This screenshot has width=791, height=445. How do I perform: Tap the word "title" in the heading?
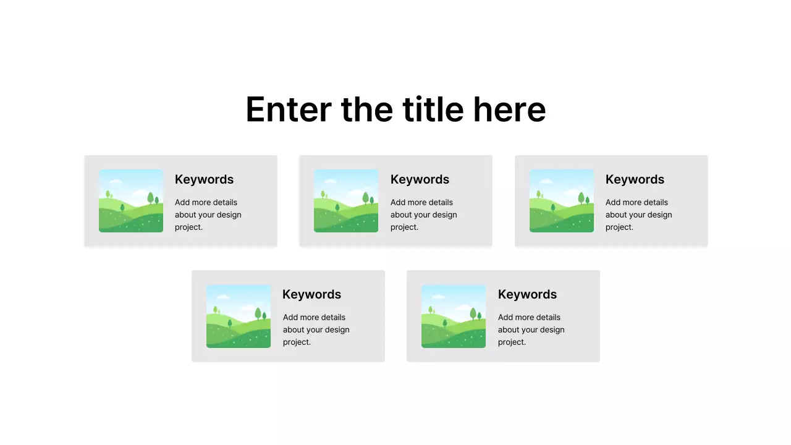tap(433, 109)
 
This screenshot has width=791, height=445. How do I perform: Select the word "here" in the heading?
tap(509, 109)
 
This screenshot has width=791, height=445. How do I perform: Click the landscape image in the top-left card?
tap(131, 201)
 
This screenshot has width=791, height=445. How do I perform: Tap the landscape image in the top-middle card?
tap(346, 201)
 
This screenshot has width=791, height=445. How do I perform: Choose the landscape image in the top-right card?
tap(562, 201)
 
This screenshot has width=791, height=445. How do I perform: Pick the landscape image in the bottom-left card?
tap(239, 316)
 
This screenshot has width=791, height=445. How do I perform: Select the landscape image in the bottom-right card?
tap(454, 316)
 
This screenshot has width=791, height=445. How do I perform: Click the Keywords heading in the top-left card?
tap(204, 179)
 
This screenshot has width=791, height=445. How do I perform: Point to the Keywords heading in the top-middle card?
tap(420, 179)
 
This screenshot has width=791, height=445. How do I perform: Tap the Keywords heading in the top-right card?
tap(635, 179)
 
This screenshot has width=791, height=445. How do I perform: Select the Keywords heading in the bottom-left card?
tap(311, 294)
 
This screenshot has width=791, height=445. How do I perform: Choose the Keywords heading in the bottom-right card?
tap(527, 294)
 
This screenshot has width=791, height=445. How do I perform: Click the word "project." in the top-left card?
tap(188, 227)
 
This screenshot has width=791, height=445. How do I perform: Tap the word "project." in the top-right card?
tap(619, 227)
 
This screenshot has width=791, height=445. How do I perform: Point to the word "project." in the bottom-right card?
tap(512, 342)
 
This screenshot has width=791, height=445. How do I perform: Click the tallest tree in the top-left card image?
tap(150, 198)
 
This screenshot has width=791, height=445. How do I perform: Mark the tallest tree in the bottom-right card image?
tap(473, 313)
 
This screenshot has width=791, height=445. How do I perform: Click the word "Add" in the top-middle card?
tap(398, 202)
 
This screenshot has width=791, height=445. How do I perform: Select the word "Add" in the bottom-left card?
tap(290, 317)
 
